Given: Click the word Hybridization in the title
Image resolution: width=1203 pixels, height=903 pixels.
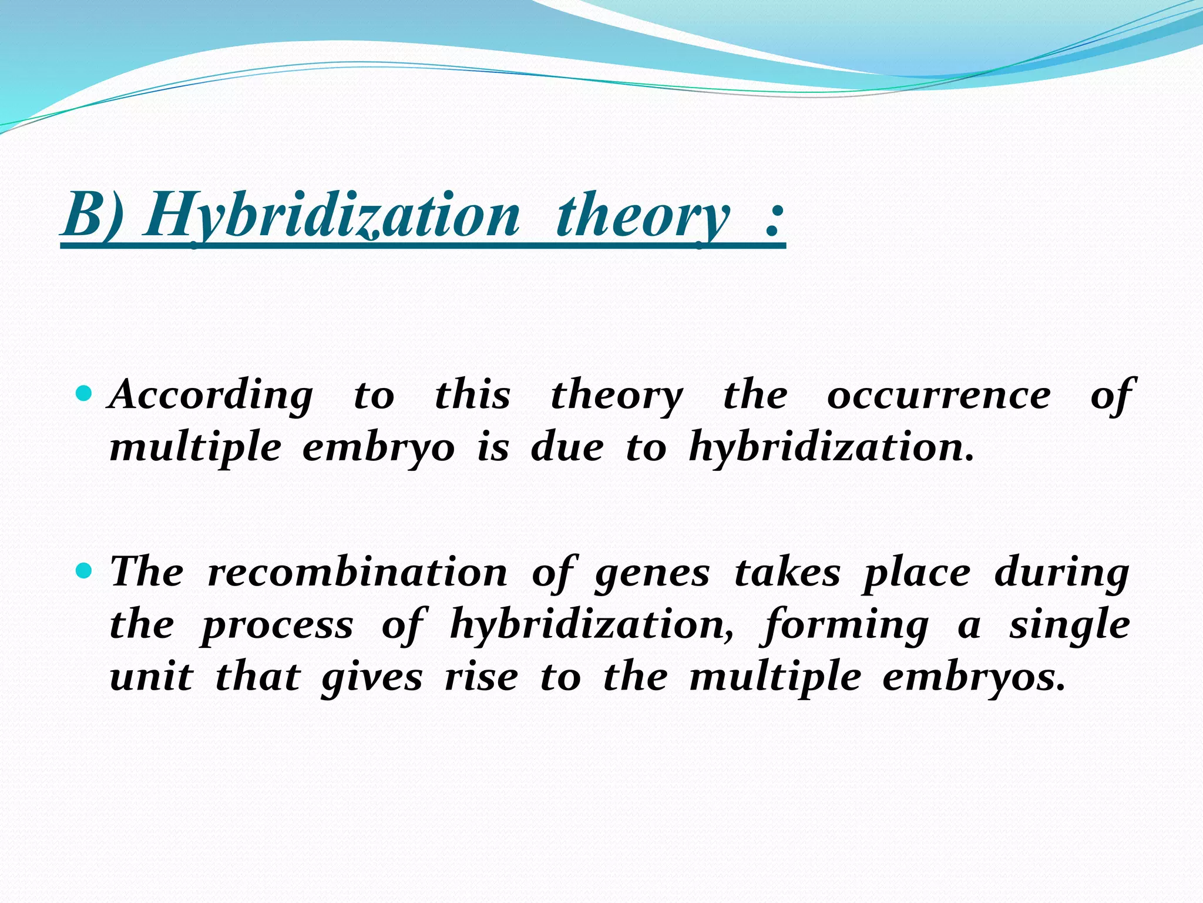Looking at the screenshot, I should [x=332, y=215].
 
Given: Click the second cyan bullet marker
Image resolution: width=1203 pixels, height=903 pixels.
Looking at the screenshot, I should [x=85, y=570].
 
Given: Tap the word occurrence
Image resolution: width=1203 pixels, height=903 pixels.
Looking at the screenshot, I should [x=939, y=395].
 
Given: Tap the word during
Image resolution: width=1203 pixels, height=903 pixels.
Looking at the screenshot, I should [x=1061, y=574].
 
